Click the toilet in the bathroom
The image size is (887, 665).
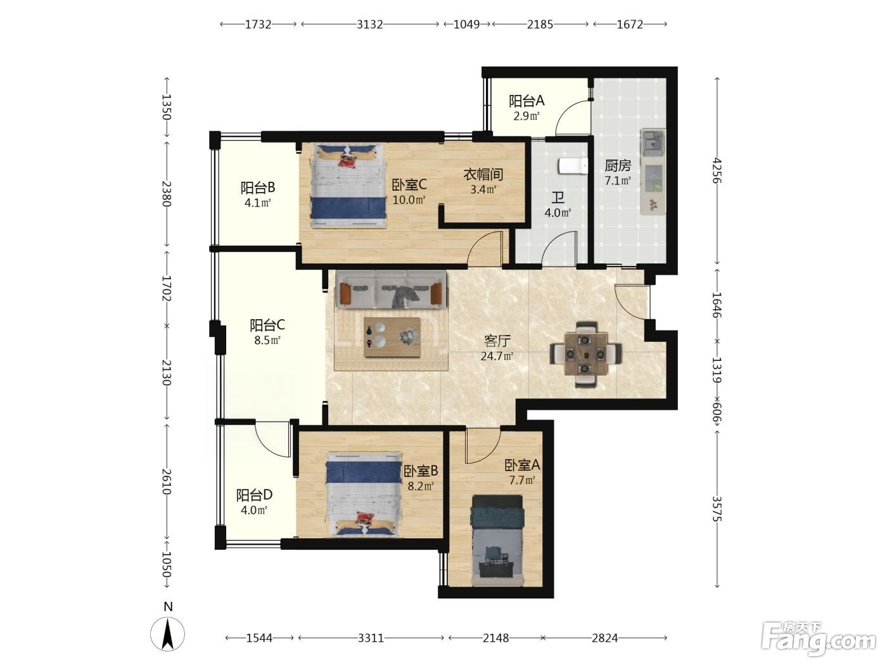pyautogui.click(x=573, y=167)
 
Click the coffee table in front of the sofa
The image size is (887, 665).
pyautogui.click(x=392, y=337)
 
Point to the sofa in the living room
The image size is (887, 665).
pyautogui.click(x=391, y=289)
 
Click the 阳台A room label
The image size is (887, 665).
pyautogui.click(x=526, y=101)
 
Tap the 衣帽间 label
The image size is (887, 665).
pyautogui.click(x=483, y=174)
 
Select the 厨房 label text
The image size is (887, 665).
pyautogui.click(x=618, y=165)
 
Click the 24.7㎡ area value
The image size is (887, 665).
pyautogui.click(x=497, y=356)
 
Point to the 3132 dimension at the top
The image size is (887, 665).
pyautogui.click(x=369, y=24)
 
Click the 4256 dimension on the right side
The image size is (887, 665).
pyautogui.click(x=717, y=170)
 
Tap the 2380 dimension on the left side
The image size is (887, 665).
pyautogui.click(x=167, y=194)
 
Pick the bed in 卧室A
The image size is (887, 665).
pyautogui.click(x=498, y=540)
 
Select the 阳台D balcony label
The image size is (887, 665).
pyautogui.click(x=254, y=495)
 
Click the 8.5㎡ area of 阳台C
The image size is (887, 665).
pyautogui.click(x=267, y=340)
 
